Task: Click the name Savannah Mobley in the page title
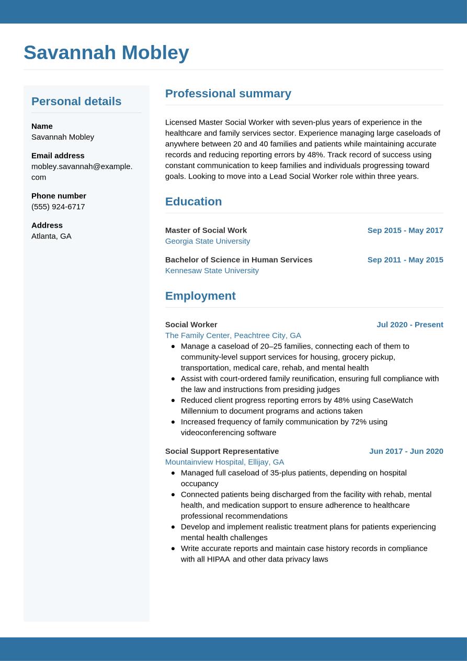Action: (x=106, y=52)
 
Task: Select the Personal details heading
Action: (x=76, y=101)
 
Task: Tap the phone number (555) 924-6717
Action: (x=58, y=206)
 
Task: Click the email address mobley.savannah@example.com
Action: (x=82, y=171)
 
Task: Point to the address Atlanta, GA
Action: (x=51, y=236)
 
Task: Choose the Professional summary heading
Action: (x=228, y=93)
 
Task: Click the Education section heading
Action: (x=193, y=201)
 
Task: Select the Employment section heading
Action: (x=200, y=296)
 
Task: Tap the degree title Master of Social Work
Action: (x=206, y=230)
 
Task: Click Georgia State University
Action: (x=208, y=241)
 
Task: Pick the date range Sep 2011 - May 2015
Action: (x=405, y=260)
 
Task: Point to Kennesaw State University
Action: (x=212, y=270)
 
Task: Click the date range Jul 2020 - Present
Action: (x=410, y=324)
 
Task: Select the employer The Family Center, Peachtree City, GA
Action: (x=233, y=335)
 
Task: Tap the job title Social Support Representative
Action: (x=222, y=451)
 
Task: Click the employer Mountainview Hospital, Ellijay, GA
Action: (x=224, y=462)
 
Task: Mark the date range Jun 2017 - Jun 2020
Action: (x=406, y=451)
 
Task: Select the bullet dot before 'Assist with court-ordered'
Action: (x=173, y=378)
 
